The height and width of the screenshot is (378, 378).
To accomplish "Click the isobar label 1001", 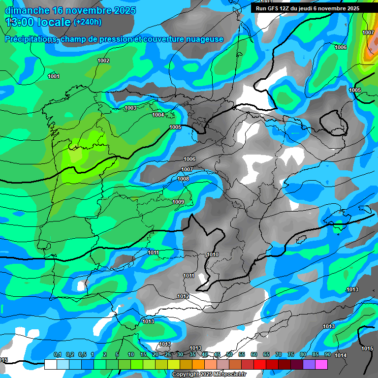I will tap(54, 76).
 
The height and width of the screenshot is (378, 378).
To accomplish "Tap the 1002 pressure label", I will tap(103, 61).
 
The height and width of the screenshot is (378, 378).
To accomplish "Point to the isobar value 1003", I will tap(130, 108).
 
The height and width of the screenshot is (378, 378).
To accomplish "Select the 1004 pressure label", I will tap(158, 115).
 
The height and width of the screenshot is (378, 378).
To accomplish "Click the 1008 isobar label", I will tap(183, 179).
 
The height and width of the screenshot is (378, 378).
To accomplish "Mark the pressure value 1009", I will tap(178, 202).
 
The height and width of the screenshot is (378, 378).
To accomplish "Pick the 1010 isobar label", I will tap(213, 254).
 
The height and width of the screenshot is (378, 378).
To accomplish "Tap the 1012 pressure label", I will tap(183, 296).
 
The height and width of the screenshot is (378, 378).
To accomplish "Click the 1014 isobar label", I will tap(341, 355).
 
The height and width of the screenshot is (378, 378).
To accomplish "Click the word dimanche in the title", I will tap(26, 10).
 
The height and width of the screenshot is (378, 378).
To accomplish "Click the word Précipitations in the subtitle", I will tap(31, 39).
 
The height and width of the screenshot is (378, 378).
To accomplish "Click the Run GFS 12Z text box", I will tap(308, 8).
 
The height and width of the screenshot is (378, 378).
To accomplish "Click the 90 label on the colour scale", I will tap(328, 354).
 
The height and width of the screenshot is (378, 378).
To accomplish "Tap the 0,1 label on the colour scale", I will tap(57, 354).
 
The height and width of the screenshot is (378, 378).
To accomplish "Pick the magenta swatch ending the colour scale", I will tap(321, 364).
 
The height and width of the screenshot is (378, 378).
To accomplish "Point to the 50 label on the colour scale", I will tap(229, 354).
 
